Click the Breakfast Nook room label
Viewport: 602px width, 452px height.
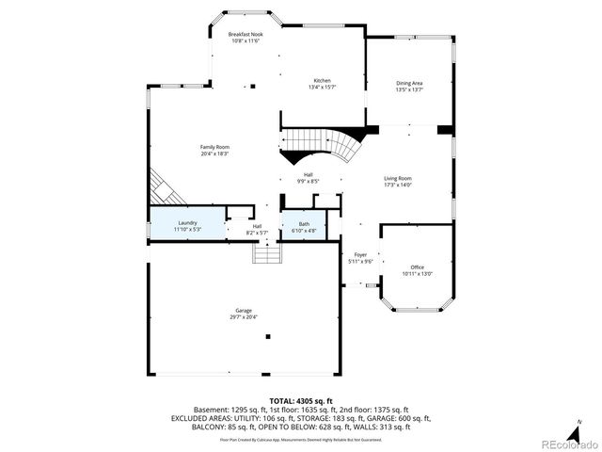click(245, 35)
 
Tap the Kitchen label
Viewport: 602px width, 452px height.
click(322, 80)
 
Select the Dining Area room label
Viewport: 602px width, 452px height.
click(409, 84)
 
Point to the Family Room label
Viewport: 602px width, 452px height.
click(214, 147)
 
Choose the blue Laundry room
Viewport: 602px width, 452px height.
click(187, 225)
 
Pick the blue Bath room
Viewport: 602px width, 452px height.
click(304, 225)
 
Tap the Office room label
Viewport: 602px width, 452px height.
click(417, 267)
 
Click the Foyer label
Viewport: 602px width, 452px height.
click(360, 254)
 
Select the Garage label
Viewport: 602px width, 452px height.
click(243, 310)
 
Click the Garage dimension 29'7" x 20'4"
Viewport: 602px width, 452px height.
click(243, 316)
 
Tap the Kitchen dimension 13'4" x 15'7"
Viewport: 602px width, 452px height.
click(322, 87)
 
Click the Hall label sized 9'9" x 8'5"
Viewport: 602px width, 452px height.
click(308, 177)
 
